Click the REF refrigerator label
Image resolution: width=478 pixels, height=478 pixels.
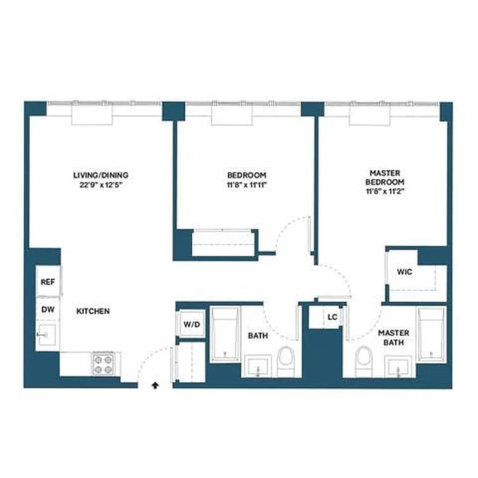[x=47, y=282]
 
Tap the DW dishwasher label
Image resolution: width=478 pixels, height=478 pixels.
[x=47, y=310]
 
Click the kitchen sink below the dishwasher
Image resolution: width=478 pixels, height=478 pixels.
[x=47, y=336]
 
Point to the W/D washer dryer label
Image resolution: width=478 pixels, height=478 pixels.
[x=192, y=325]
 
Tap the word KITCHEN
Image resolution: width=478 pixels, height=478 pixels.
[x=93, y=311]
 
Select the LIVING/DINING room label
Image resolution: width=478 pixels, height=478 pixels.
[x=100, y=175]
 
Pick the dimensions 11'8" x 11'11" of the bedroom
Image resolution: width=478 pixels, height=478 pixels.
[x=247, y=185]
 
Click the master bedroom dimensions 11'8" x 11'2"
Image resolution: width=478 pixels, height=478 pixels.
[x=386, y=192]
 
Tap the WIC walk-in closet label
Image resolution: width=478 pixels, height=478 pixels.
[x=405, y=272]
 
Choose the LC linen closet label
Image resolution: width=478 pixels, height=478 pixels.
[x=332, y=317]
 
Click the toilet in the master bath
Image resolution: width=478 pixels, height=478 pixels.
[x=363, y=361]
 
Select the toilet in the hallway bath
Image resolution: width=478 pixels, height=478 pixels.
[x=286, y=361]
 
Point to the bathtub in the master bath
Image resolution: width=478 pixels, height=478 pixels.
[x=431, y=335]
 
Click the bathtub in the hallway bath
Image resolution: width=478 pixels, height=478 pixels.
[x=225, y=335]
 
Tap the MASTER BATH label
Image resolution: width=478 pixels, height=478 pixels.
[x=394, y=338]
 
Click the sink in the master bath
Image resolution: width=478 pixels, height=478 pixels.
[x=399, y=366]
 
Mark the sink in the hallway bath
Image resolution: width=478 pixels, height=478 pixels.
[x=259, y=366]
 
